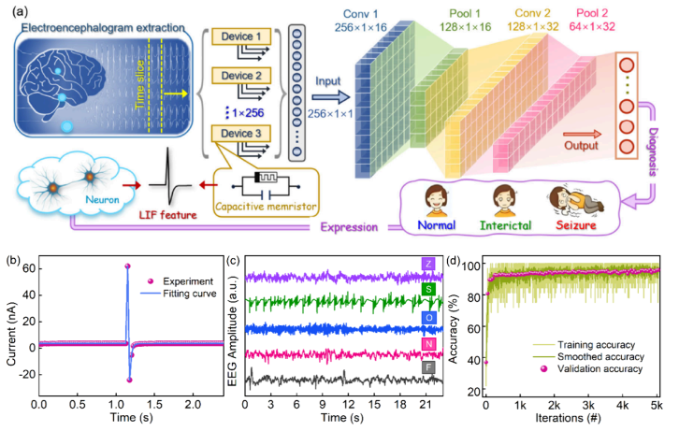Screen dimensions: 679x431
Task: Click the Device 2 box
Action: pos(241,76)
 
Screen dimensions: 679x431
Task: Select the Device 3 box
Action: pos(241,134)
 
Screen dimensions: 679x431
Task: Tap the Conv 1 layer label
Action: pos(360,21)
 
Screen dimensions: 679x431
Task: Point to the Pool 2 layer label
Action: pos(592,20)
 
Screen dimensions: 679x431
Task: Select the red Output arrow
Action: pos(582,135)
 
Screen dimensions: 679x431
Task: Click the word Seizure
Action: pos(576,225)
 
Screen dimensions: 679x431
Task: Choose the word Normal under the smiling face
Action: pos(436,225)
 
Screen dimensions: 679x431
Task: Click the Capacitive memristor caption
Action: pos(266,207)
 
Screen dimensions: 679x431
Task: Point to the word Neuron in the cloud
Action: pos(102,199)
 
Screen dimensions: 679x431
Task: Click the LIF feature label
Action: pos(167,215)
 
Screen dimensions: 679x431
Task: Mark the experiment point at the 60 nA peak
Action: pos(127,266)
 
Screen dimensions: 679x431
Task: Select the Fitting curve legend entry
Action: pos(179,294)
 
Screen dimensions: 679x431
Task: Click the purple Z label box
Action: pos(428,264)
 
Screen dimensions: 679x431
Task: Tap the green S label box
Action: pos(428,289)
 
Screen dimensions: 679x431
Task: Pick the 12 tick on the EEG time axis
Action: pos(348,405)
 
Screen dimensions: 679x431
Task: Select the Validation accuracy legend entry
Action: pos(592,368)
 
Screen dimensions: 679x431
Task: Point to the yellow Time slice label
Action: pos(139,84)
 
